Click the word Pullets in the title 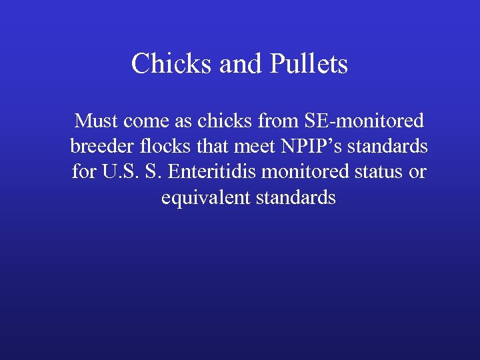pos(309,65)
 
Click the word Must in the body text pos(95,121)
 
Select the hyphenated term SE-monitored pos(363,121)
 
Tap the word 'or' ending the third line pos(417,172)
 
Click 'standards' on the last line pos(296,198)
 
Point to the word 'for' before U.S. pos(83,172)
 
